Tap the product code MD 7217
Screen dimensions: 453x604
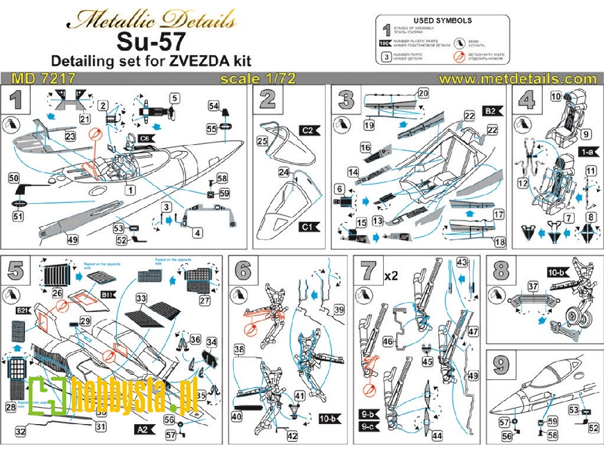(x=44, y=78)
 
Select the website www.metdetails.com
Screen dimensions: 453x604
(x=517, y=78)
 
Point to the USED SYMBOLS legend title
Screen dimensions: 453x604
(x=443, y=20)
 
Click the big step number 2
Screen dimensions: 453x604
(x=267, y=99)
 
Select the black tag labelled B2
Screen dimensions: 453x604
(x=491, y=111)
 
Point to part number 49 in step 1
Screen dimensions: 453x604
(x=72, y=240)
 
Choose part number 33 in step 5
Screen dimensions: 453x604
(x=141, y=297)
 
